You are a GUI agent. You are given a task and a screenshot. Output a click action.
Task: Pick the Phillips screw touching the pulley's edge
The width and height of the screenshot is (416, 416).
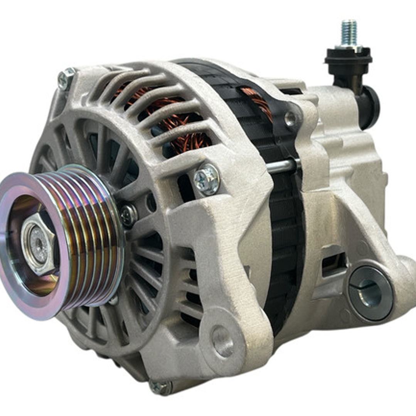[128, 216]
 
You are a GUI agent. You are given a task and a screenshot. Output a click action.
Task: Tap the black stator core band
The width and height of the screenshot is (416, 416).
[285, 231]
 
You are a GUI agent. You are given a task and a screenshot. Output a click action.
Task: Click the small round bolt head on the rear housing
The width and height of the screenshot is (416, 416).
[290, 118]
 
